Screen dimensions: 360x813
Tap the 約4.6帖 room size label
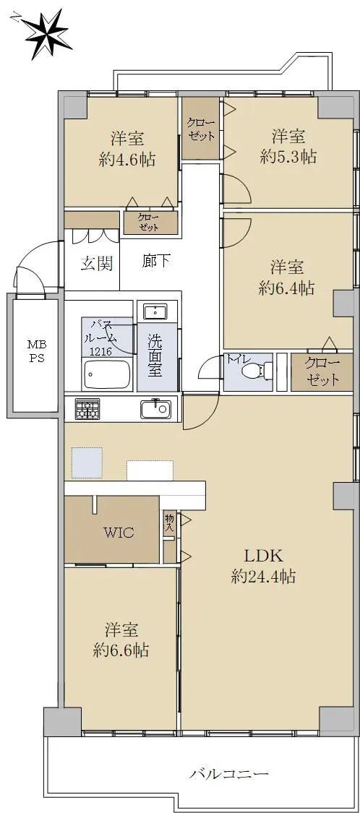point(127,159)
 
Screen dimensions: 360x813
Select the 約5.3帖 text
point(288,157)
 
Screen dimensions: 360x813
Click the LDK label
point(264,556)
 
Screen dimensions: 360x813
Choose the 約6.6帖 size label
point(121,650)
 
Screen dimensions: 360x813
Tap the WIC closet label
point(119,532)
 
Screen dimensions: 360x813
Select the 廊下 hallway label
point(155,261)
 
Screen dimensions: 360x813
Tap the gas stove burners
point(87,408)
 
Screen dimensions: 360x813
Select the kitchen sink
point(155,409)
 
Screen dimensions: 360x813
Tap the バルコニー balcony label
point(228,775)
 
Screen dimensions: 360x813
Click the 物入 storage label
point(170,522)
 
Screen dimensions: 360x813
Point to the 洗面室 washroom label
point(155,355)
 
